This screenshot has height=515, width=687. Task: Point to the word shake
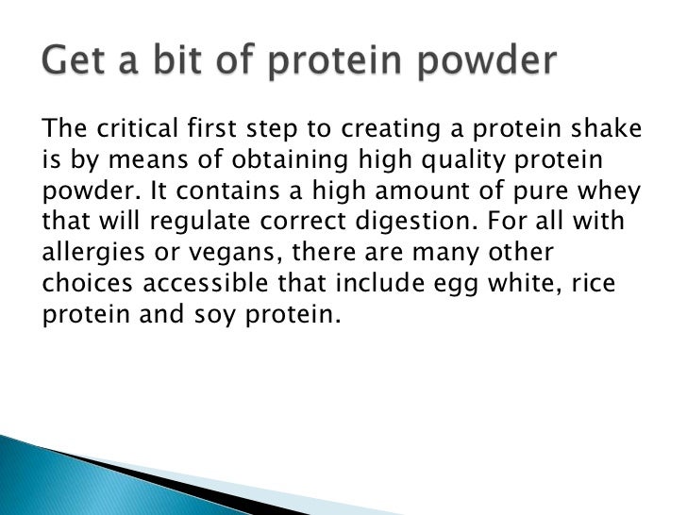click(608, 129)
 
